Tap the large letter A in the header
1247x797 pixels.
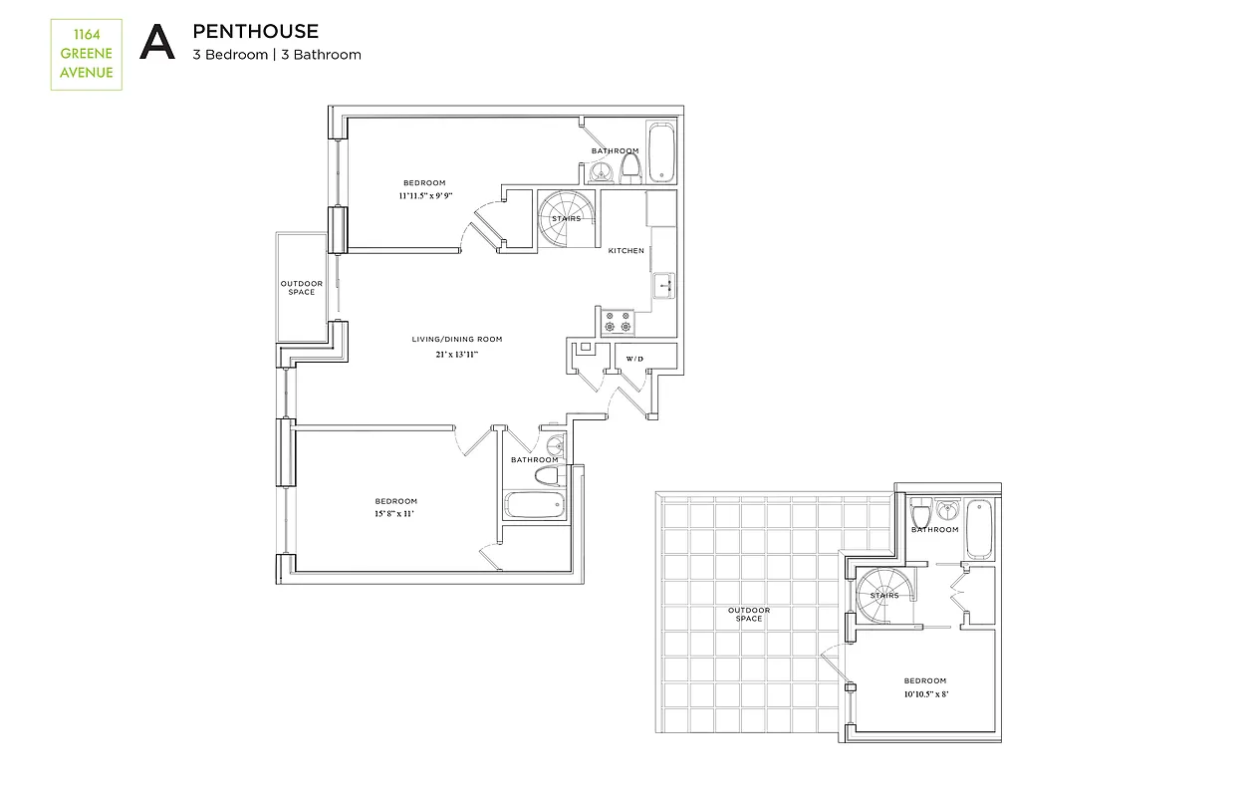(157, 42)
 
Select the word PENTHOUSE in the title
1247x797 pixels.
(256, 32)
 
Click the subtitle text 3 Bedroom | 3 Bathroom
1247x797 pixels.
(277, 55)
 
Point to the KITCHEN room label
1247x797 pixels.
(626, 251)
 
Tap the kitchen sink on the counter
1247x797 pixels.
(664, 287)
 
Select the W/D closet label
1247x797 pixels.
(634, 358)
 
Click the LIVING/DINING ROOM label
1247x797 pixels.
(457, 340)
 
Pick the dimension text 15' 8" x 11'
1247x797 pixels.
(395, 514)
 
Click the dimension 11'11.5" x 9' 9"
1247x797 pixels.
(424, 196)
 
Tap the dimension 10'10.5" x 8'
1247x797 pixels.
(925, 694)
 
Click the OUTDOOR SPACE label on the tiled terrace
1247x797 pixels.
(749, 615)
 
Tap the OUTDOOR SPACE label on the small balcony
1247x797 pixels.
(301, 288)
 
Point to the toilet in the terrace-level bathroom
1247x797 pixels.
(922, 514)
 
